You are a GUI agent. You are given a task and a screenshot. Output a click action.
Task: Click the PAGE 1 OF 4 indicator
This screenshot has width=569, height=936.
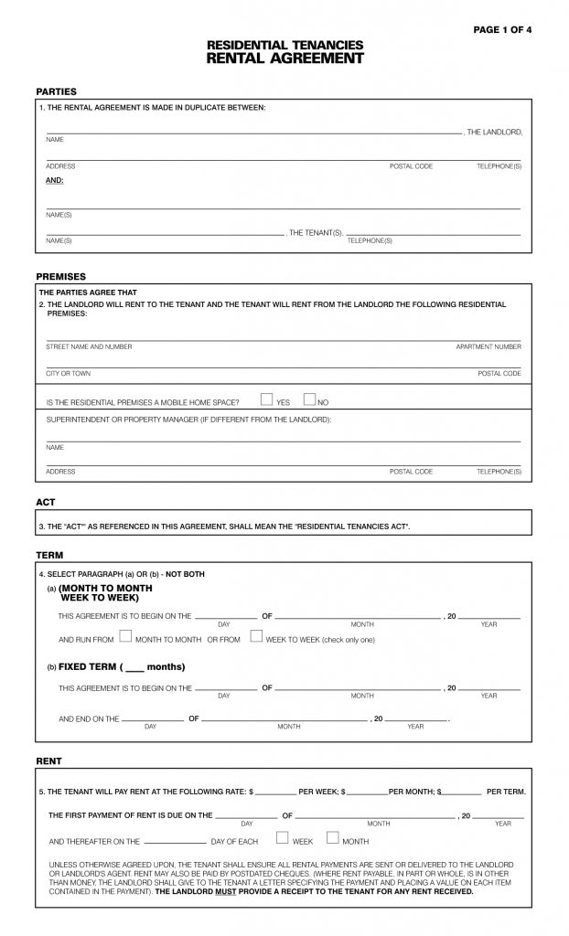(502, 30)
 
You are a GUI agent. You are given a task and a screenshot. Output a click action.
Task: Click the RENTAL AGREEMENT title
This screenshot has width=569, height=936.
(284, 58)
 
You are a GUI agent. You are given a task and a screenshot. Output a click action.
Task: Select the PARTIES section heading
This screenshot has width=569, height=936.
(56, 91)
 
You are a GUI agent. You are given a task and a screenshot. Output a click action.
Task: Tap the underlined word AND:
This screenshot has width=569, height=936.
(55, 181)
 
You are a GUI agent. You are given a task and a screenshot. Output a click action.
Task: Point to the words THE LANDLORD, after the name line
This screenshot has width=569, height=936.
(494, 133)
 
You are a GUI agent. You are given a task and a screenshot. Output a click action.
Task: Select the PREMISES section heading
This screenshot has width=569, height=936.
(60, 276)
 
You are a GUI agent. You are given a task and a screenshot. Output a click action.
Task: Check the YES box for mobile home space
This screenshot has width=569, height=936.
(266, 399)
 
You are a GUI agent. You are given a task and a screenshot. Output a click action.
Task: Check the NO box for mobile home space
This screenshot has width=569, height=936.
(308, 399)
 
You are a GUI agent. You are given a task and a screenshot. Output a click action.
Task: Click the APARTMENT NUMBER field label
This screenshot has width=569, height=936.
(488, 347)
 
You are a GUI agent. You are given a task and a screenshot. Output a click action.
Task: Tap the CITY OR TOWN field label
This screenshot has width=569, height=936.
(69, 374)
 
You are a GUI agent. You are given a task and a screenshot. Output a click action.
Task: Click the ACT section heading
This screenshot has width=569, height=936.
(46, 502)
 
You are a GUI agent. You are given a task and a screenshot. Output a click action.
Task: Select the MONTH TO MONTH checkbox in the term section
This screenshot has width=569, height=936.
(125, 638)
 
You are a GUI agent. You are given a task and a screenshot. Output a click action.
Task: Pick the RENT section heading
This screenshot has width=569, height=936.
(48, 760)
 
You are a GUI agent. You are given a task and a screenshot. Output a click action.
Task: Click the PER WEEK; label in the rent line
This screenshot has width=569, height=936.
(318, 791)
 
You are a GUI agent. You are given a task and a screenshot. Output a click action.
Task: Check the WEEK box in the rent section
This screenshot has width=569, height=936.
(282, 839)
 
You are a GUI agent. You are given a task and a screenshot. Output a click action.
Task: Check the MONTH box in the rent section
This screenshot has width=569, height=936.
(332, 839)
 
